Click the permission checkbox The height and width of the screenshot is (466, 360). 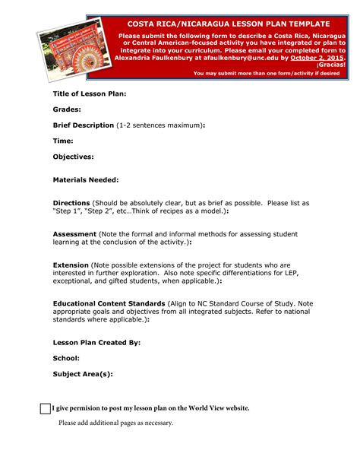coord(45,408)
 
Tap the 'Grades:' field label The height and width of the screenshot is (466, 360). coord(67,109)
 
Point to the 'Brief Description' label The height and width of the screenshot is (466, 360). coord(83,125)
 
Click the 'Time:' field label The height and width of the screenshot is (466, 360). coord(63,141)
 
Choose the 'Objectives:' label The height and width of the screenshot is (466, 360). coord(73,157)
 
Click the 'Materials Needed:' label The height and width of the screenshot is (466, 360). coord(85,180)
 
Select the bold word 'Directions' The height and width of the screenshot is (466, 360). coord(71,204)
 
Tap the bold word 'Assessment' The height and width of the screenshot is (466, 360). coord(74,234)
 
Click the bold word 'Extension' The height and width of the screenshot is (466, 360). coord(71,265)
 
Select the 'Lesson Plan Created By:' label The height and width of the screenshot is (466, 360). coord(96,343)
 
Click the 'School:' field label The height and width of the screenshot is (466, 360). coord(66,358)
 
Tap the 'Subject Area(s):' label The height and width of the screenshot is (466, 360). coord(82,374)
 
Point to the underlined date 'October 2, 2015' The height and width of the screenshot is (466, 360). coord(318,58)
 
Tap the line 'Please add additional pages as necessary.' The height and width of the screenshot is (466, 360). coord(116,423)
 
